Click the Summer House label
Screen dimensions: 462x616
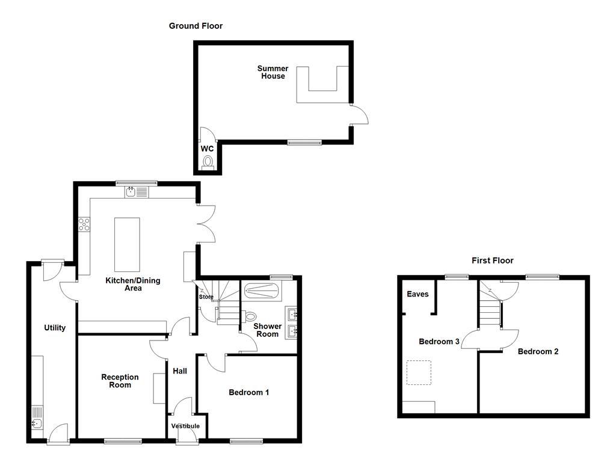[x=273, y=72]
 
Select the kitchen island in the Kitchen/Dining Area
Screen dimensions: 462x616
[x=127, y=245]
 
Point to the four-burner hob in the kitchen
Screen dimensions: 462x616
[x=84, y=224]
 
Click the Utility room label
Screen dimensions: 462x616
[x=55, y=328]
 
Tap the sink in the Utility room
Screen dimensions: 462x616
[x=37, y=423]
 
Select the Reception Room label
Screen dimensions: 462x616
[x=120, y=381]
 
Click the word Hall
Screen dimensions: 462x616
[x=180, y=371]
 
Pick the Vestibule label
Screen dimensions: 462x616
[x=185, y=426]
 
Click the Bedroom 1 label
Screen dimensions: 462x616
[x=248, y=392]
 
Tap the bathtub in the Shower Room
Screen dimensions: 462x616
[x=261, y=292]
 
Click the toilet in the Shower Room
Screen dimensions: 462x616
[x=251, y=316]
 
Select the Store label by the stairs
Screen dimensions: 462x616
[x=206, y=297]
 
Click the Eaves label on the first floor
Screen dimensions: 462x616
[x=417, y=294]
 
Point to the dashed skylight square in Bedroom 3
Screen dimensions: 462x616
[x=419, y=372]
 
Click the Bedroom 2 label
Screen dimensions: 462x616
[x=538, y=351]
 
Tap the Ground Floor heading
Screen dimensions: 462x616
[x=196, y=26]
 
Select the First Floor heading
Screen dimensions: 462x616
[x=492, y=260]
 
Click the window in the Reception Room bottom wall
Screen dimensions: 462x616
[x=123, y=441]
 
